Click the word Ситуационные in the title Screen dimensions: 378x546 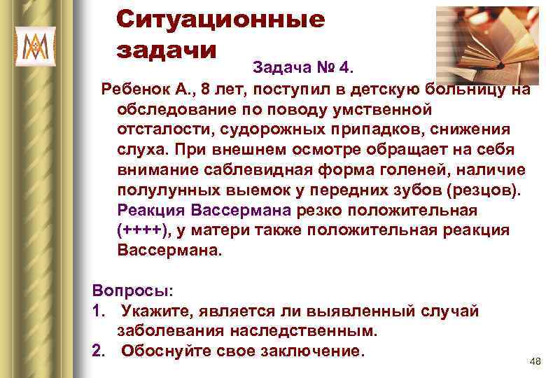(220, 20)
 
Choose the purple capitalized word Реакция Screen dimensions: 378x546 (153, 211)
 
